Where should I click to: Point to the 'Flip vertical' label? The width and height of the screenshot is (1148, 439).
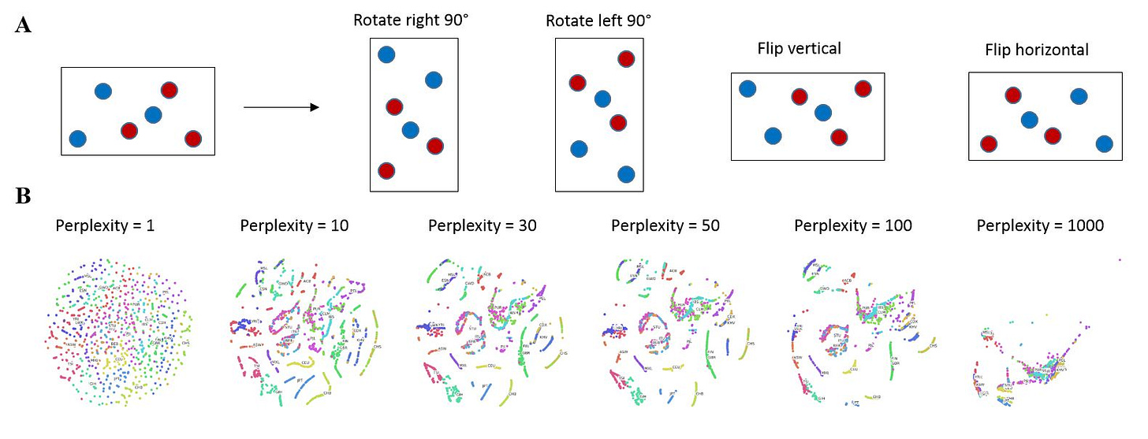(x=799, y=49)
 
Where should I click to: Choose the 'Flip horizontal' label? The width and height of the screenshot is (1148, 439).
(x=1036, y=50)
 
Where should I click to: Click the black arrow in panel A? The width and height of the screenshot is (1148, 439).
(x=281, y=107)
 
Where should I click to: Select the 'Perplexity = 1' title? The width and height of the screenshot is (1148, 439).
(x=104, y=225)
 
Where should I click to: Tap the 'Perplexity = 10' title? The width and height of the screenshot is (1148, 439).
(x=294, y=225)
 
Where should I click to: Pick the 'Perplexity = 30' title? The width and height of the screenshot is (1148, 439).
(x=482, y=225)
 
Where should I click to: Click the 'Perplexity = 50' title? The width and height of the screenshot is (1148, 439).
(x=665, y=225)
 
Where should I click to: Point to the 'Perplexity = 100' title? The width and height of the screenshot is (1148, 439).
(x=852, y=225)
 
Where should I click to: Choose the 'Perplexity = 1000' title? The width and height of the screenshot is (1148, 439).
(x=1040, y=225)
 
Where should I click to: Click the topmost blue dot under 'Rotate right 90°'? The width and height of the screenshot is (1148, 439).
(x=386, y=54)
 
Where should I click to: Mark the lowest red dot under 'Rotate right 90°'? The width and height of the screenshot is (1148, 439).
(x=386, y=170)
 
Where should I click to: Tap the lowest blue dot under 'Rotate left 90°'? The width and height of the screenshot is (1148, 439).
(x=626, y=173)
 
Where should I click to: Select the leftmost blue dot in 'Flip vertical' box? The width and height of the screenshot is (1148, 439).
(x=747, y=88)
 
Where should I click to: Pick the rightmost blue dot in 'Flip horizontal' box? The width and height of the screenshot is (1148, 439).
(x=1104, y=143)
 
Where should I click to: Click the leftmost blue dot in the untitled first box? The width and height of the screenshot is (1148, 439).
(x=77, y=139)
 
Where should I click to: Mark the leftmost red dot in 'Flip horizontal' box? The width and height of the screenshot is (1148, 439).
(x=987, y=143)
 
